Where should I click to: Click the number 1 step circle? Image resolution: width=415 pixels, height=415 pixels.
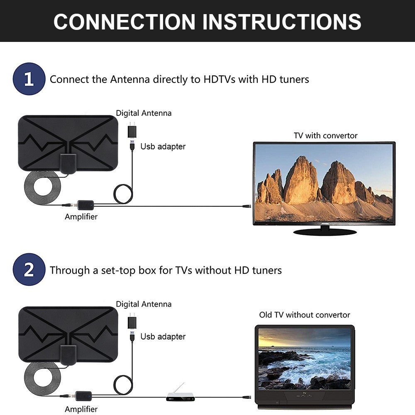(x=29, y=79)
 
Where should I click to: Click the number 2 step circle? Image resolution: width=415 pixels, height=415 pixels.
(x=29, y=270)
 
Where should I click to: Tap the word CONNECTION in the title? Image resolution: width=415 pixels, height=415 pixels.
(x=124, y=22)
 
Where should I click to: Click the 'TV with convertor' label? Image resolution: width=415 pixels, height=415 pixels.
(x=325, y=136)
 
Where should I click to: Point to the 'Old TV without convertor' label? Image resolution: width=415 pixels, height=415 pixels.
(x=305, y=315)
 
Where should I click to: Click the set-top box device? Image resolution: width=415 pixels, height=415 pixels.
(x=176, y=396)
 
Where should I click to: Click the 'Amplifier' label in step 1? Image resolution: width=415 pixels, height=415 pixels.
(x=81, y=217)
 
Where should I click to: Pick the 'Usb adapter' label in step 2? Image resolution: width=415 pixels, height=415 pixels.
(x=163, y=337)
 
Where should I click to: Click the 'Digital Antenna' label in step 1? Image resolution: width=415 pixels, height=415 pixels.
(x=144, y=113)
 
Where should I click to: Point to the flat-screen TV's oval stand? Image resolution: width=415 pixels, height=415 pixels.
(x=325, y=231)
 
